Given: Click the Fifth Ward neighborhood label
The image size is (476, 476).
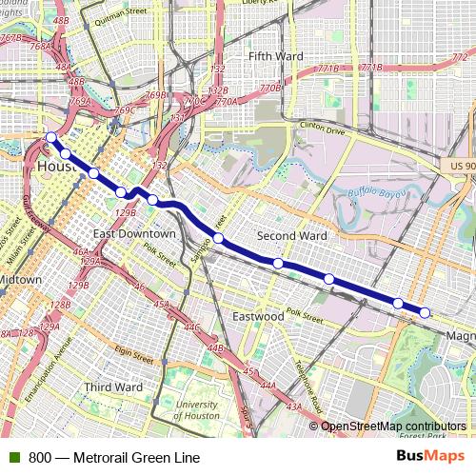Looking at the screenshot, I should click(275, 56).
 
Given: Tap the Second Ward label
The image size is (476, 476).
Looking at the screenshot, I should click(292, 235).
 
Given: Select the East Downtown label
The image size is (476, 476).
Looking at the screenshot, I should click(134, 233).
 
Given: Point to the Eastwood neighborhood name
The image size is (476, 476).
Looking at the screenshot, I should click(258, 315).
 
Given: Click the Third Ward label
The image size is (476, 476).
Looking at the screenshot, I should click(113, 387).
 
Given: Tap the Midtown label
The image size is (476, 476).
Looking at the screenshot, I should click(19, 280).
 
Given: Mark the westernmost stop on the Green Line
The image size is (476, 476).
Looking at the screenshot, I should click(50, 138).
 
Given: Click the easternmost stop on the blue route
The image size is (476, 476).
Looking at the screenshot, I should click(425, 312).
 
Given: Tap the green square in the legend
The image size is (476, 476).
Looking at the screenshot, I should click(14, 457).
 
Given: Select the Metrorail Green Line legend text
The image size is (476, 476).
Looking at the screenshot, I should click(114, 457).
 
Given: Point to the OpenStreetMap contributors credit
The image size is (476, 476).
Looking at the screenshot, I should click(393, 426).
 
